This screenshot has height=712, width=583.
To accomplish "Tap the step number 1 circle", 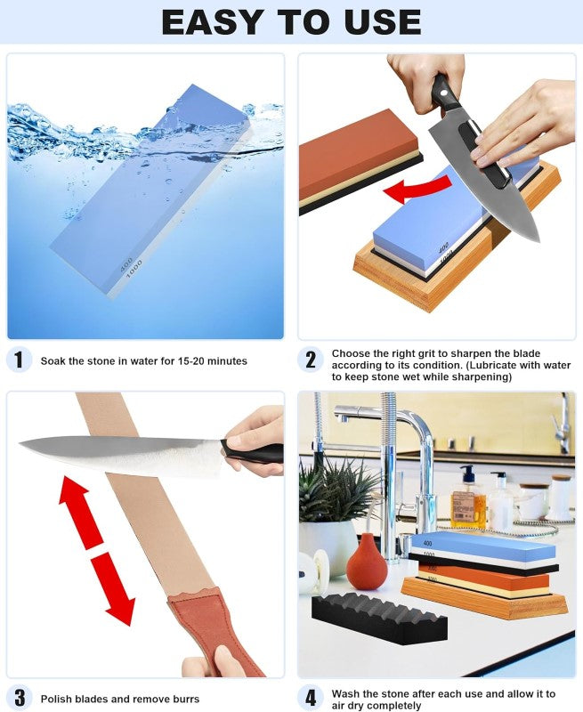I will [20, 360].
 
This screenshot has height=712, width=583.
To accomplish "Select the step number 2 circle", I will [311, 360].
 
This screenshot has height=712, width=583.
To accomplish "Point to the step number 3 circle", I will [20, 698].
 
